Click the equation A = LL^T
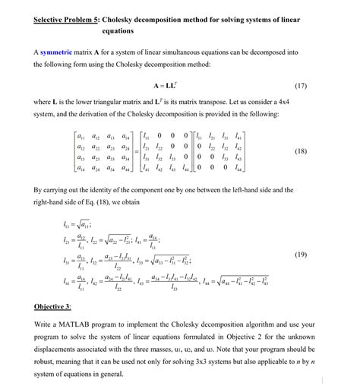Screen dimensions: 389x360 (181, 84)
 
